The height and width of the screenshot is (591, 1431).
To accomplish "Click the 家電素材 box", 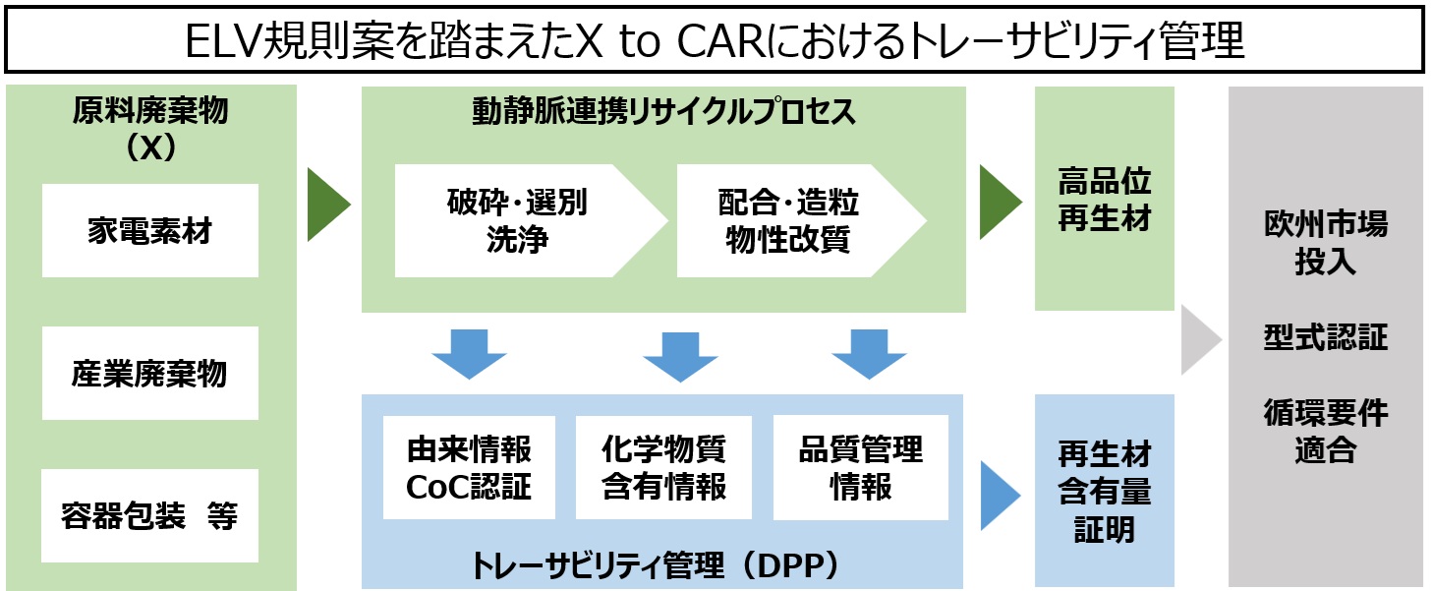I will tap(149, 231).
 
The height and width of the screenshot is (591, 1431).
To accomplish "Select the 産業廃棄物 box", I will tap(149, 374).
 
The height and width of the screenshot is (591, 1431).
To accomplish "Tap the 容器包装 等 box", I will tap(149, 516).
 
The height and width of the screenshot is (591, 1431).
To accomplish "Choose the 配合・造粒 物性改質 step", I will tap(791, 221).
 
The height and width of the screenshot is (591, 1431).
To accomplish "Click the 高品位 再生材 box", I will tap(1105, 199).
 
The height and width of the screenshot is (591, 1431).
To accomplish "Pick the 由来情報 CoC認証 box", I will tap(469, 467).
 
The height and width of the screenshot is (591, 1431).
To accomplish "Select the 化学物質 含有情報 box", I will tap(663, 467).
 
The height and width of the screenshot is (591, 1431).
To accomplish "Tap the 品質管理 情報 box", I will tap(861, 467).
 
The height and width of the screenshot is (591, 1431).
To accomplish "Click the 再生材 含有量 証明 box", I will tap(1105, 492).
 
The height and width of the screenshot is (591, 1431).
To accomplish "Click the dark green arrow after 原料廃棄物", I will tap(327, 205).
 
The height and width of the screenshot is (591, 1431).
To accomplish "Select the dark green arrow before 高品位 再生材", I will tap(1000, 203).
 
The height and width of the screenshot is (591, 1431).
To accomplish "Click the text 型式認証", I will tap(1325, 338).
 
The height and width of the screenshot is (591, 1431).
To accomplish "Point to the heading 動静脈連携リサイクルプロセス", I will tap(663, 112).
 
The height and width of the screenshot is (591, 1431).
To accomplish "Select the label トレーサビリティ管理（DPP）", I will tap(661, 564).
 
